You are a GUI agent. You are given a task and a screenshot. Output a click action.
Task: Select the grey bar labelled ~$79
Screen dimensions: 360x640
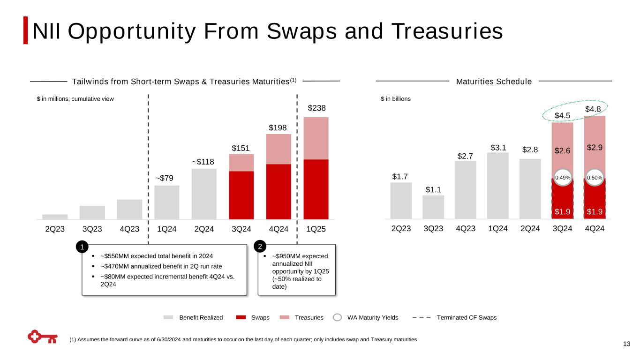click(166, 202)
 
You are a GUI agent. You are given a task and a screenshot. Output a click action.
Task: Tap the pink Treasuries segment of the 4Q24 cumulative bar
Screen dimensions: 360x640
click(279, 149)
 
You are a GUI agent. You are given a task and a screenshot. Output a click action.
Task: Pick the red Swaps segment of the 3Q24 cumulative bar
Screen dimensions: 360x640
click(241, 195)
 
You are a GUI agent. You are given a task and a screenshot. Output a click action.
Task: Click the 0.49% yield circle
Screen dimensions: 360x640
click(562, 178)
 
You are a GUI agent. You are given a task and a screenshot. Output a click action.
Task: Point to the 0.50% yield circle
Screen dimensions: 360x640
click(595, 178)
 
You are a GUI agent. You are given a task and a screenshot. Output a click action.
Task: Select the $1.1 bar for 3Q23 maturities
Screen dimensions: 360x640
click(433, 207)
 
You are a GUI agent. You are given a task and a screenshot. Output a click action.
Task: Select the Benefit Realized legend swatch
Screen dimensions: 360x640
click(169, 317)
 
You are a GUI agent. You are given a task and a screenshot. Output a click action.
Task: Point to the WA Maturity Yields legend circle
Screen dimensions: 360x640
click(337, 317)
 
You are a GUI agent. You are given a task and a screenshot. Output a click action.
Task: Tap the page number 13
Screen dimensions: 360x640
click(626, 345)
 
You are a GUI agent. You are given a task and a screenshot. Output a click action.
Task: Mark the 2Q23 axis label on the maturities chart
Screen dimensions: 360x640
click(401, 229)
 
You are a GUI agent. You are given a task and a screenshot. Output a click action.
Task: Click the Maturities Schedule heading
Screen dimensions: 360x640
click(494, 82)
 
